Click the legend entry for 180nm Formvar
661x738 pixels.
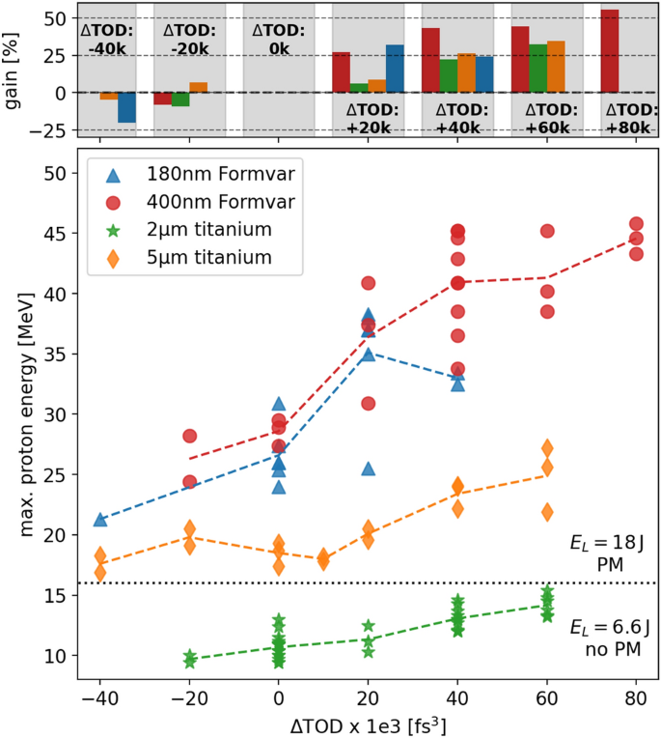pos(201,175)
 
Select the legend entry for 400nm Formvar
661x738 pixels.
pos(201,202)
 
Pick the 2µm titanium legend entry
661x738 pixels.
pos(201,230)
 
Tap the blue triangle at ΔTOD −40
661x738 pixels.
pos(100,519)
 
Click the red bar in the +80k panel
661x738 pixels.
pos(610,51)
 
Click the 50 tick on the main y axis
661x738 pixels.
pos(55,174)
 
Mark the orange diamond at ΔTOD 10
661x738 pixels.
pos(323,558)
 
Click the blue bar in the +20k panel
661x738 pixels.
pos(395,69)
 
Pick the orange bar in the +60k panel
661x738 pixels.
pos(556,67)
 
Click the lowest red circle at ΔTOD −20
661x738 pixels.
pos(189,481)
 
